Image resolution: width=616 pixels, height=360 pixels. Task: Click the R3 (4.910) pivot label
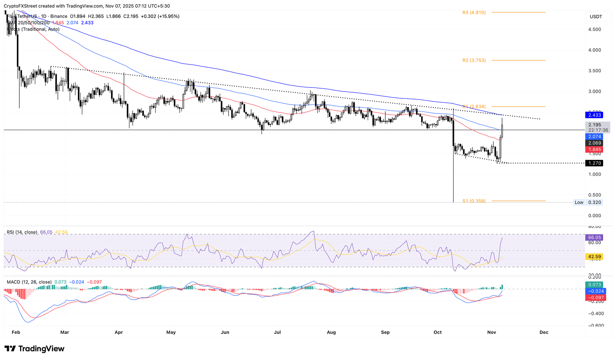(474, 12)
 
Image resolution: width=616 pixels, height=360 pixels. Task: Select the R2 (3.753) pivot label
(474, 60)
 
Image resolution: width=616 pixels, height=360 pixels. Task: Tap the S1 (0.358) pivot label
(474, 201)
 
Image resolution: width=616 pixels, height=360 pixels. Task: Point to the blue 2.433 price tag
(594, 115)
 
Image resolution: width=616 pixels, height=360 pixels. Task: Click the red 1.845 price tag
(594, 150)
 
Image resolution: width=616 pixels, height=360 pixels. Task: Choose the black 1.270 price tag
(594, 163)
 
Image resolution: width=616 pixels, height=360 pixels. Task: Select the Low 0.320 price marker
(588, 202)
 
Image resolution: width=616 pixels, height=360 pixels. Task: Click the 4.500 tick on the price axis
(594, 29)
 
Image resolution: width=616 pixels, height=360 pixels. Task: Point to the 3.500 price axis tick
(594, 71)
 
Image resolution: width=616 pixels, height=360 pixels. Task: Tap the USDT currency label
(596, 16)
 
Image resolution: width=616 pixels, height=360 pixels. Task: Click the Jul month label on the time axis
(277, 332)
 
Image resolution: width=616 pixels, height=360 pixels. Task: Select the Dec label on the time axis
(544, 332)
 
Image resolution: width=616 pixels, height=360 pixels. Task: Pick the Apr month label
(118, 332)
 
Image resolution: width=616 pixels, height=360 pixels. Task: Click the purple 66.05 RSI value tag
(594, 238)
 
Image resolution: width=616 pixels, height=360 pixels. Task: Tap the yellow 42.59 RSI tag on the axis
(594, 256)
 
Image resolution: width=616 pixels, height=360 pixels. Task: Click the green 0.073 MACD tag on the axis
(594, 285)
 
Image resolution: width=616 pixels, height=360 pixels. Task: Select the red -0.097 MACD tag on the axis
(594, 298)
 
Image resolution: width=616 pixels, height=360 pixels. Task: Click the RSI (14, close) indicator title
(22, 232)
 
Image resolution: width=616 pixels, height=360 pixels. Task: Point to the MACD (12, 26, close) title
(29, 282)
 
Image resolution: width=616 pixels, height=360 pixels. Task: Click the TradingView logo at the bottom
(34, 349)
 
